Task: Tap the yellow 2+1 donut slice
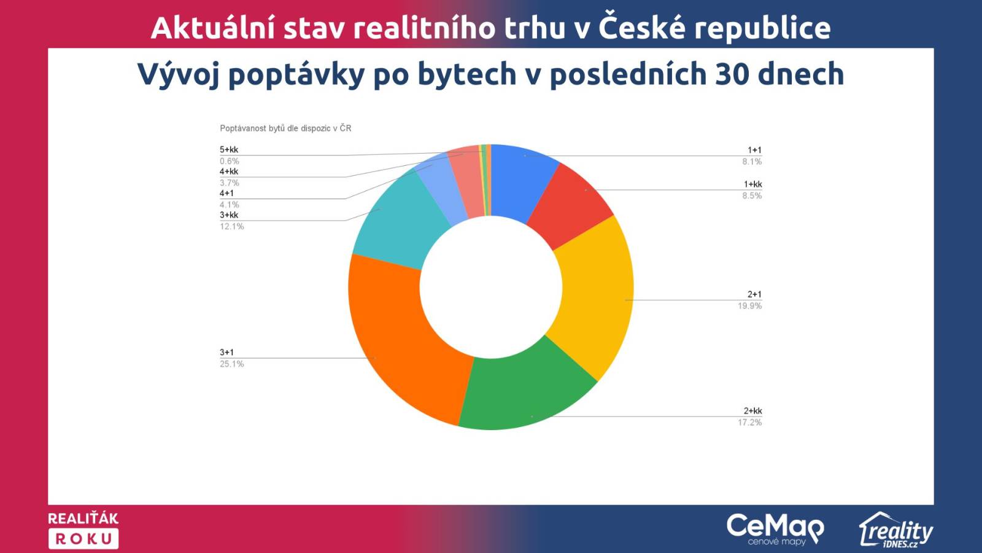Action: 596,299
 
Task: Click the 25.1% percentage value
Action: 231,364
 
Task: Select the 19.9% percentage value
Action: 749,306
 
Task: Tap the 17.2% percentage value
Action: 749,423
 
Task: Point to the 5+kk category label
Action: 229,150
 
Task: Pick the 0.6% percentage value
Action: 230,161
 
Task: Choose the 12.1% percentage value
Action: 231,227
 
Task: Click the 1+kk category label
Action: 752,184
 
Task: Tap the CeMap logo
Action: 776,529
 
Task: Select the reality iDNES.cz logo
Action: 896,530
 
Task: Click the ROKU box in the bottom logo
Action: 83,539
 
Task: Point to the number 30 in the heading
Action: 732,74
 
